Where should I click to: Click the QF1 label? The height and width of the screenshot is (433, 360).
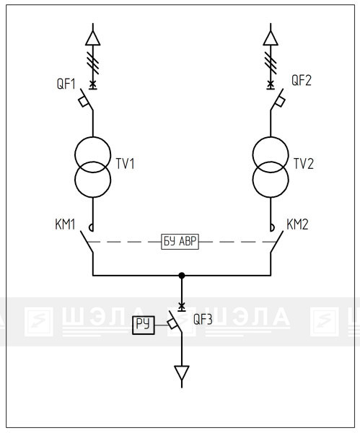66,84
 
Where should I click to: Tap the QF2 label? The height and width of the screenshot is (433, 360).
302,80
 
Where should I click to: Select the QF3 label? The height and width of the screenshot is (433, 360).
203,320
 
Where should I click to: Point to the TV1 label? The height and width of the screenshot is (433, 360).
125,164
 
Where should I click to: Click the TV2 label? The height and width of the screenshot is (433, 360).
304,164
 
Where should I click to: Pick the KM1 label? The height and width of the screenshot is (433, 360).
65,224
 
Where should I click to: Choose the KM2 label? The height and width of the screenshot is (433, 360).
297,224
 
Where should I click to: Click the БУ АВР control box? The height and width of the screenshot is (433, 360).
180,242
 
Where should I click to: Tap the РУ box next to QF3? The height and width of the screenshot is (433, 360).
144,325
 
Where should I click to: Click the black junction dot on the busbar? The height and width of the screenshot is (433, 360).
182,276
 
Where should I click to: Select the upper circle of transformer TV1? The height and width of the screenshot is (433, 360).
93,154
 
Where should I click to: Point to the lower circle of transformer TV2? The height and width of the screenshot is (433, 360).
271,180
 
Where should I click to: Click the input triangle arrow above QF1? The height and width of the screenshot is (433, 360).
93,38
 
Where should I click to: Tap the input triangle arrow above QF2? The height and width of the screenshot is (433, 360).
271,38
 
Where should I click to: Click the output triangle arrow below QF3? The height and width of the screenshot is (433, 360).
182,373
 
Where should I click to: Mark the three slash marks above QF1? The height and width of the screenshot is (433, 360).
93,63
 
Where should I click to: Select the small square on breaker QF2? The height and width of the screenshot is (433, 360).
280,102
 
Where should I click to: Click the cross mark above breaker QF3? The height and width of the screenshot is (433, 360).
182,306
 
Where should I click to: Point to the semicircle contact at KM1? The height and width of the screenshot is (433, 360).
91,227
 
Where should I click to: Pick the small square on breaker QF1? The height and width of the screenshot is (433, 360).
84,102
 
